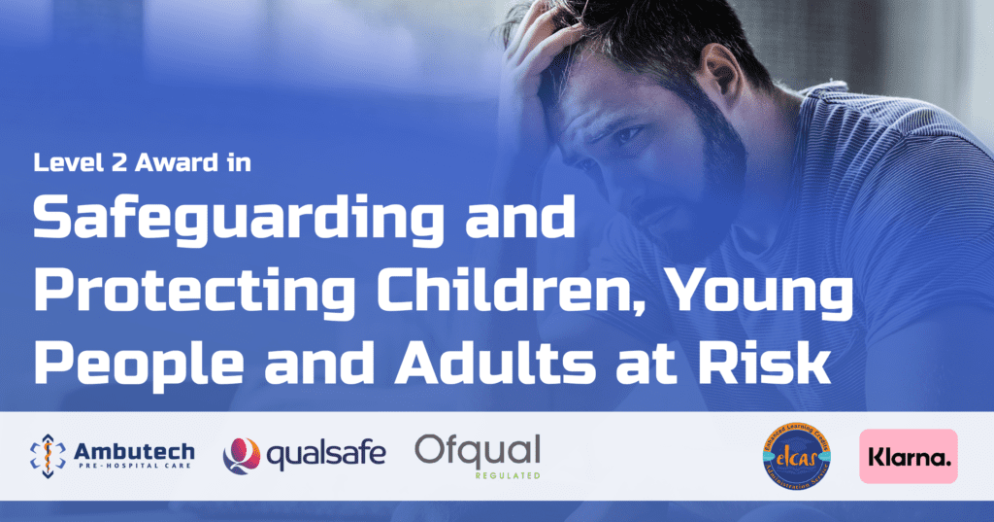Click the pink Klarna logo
point(909,456)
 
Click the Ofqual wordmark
point(478,449)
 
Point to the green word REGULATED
point(508,476)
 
